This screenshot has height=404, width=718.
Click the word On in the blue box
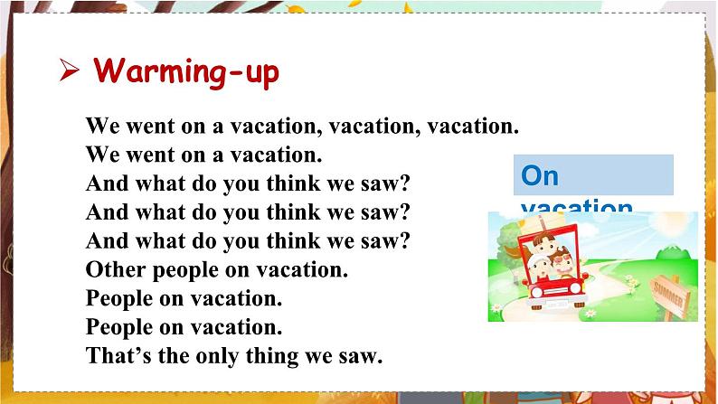click(542, 174)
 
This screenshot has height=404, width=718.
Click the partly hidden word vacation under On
click(576, 206)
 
